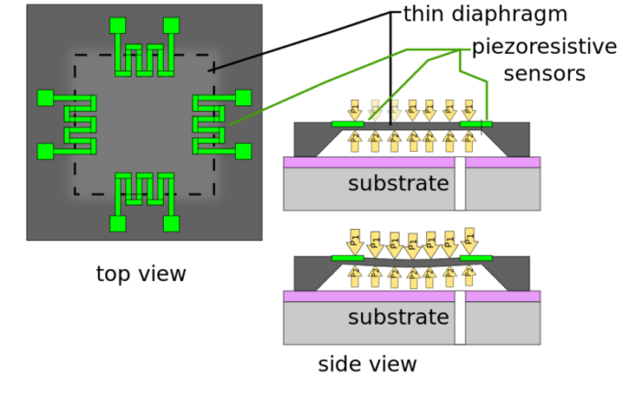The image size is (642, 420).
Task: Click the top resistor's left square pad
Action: pos(117,26)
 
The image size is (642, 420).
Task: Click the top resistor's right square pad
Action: pos(171,26)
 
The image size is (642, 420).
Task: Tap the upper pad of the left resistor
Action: pos(45,98)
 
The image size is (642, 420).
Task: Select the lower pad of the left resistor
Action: pos(45,151)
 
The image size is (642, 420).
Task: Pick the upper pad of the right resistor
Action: pos(243,98)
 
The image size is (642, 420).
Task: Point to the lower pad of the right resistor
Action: pos(243,151)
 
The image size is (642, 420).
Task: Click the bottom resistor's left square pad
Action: pos(117,223)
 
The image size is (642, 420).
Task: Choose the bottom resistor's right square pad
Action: pos(171,223)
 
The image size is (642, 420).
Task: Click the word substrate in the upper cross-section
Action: pos(398,184)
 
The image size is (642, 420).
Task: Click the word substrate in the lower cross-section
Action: pos(398,318)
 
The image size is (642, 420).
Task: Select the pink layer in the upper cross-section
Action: pos(366,163)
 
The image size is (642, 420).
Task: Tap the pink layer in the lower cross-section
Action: pos(366,296)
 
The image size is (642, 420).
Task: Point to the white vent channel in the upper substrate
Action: pos(460,188)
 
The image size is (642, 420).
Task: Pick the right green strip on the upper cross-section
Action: pos(476,124)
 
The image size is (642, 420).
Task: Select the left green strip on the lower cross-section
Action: pos(348,258)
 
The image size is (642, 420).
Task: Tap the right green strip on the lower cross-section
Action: pos(476,258)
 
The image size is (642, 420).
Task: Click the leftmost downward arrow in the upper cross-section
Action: pos(355,110)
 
